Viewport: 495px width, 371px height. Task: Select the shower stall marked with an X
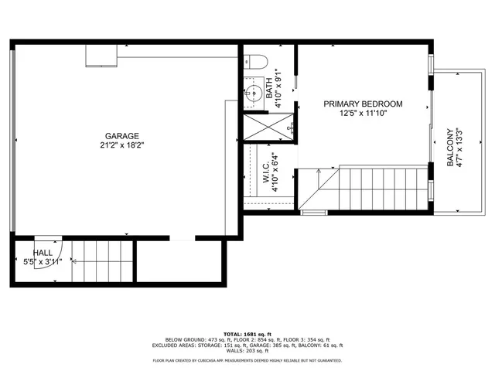tap(268, 126)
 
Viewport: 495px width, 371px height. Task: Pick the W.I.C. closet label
tap(265, 173)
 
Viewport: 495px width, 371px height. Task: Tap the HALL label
tap(43, 253)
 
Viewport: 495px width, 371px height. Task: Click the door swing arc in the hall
tap(46, 241)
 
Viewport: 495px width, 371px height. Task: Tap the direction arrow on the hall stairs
tap(74, 262)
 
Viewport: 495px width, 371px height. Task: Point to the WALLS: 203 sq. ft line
tap(247, 352)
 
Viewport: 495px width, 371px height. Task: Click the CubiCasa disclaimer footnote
tap(247, 361)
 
